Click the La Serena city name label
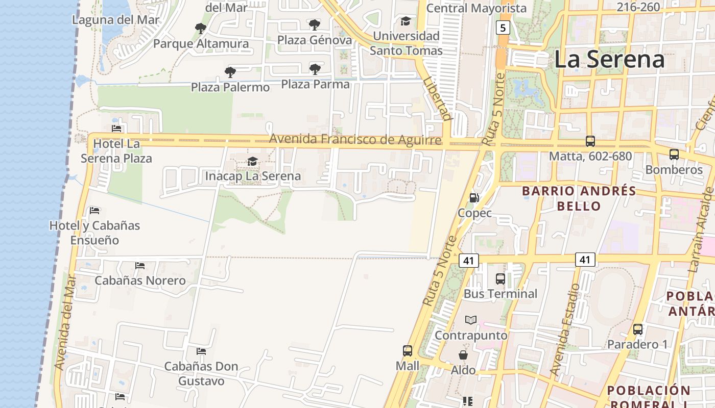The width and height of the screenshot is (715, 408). (609, 59)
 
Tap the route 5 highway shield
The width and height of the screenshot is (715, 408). (503, 28)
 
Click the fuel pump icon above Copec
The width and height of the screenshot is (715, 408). (474, 198)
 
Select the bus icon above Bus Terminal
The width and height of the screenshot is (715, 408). (500, 279)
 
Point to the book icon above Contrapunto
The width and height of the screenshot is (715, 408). (471, 320)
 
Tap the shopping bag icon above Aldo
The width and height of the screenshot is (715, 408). (463, 355)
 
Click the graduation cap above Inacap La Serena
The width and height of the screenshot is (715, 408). (252, 162)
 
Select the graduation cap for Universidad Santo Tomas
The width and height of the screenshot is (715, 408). (406, 21)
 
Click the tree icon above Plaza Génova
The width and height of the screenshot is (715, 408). (315, 24)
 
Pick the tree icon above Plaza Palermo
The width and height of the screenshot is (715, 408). (230, 72)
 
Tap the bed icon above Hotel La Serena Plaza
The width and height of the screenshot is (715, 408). (116, 129)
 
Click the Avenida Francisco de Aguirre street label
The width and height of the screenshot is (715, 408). (355, 139)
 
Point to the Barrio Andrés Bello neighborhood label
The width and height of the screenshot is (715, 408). (579, 198)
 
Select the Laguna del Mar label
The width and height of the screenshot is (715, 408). (116, 20)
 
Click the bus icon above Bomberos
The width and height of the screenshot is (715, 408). (674, 155)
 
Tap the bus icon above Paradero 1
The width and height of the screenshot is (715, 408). (638, 329)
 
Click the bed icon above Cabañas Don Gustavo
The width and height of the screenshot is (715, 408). (201, 351)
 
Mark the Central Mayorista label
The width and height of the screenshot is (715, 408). (476, 8)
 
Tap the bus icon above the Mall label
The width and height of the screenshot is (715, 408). (407, 351)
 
